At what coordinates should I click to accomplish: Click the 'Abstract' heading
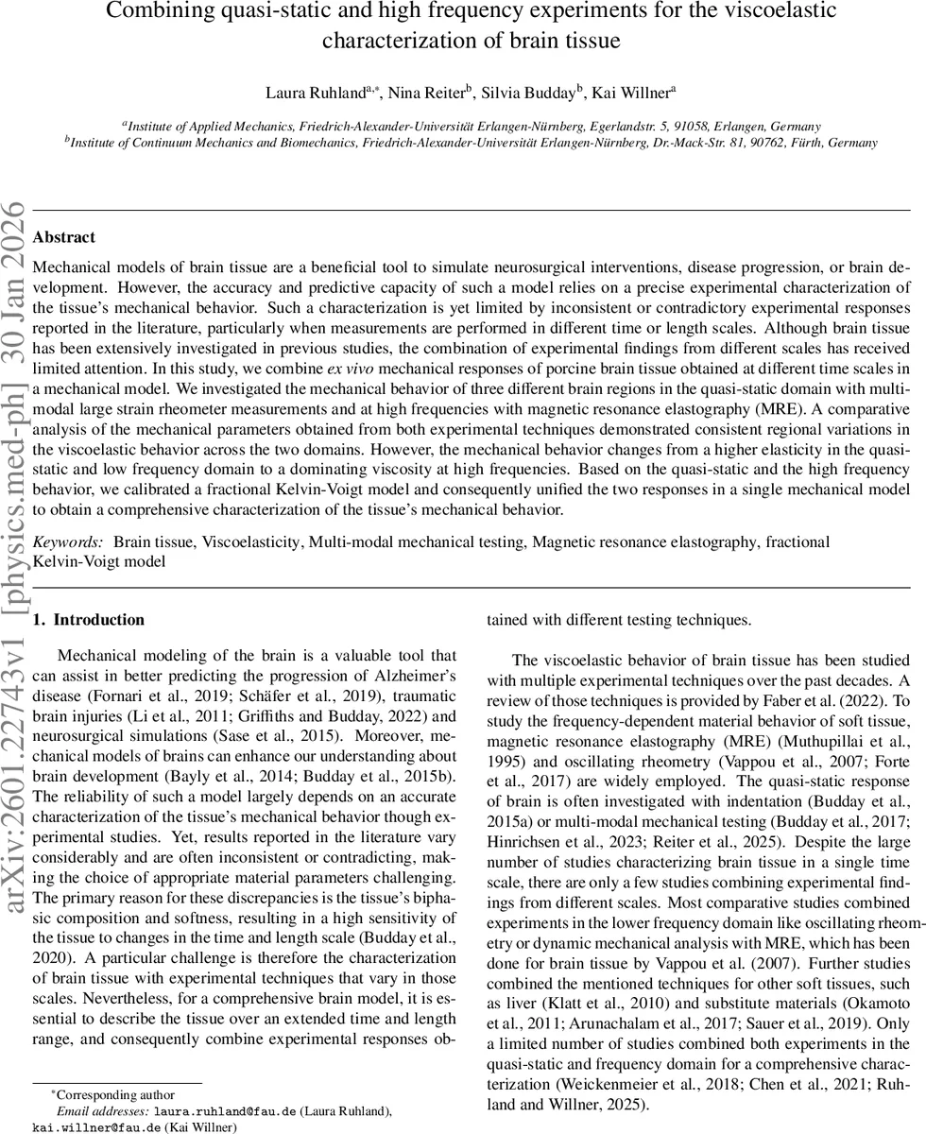click(63, 237)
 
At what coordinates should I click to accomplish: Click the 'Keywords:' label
click(68, 541)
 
